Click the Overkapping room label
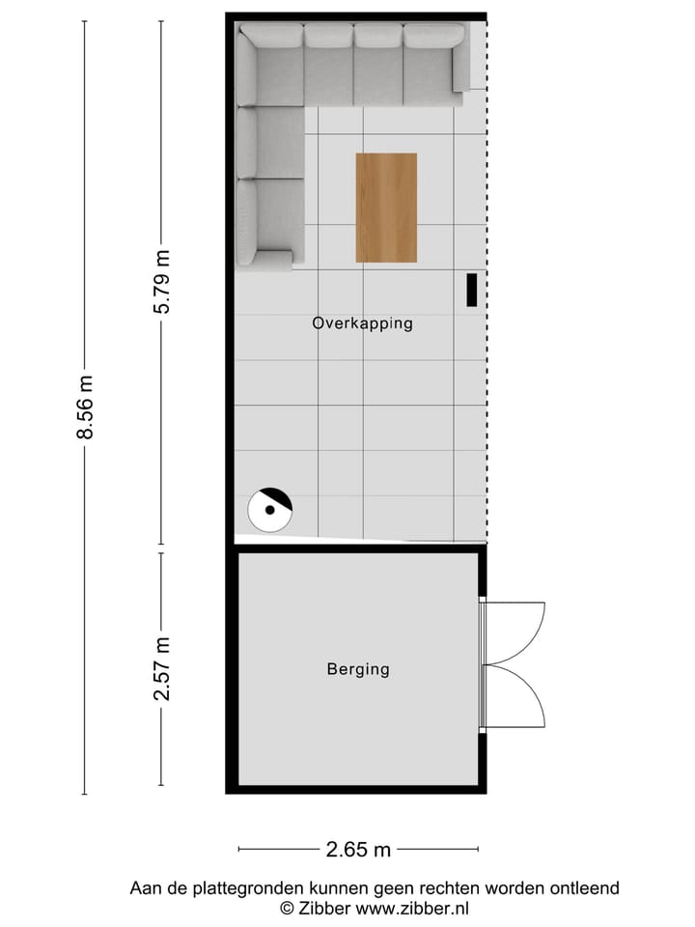pos(362,323)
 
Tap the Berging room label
pos(358,668)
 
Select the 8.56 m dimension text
pos(85,407)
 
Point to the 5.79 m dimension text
pos(162,281)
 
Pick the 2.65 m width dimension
pos(358,850)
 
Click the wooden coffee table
pos(386,208)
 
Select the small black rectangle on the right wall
pos(472,290)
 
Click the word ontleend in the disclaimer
pos(586,888)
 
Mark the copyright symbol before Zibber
pos(287,908)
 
